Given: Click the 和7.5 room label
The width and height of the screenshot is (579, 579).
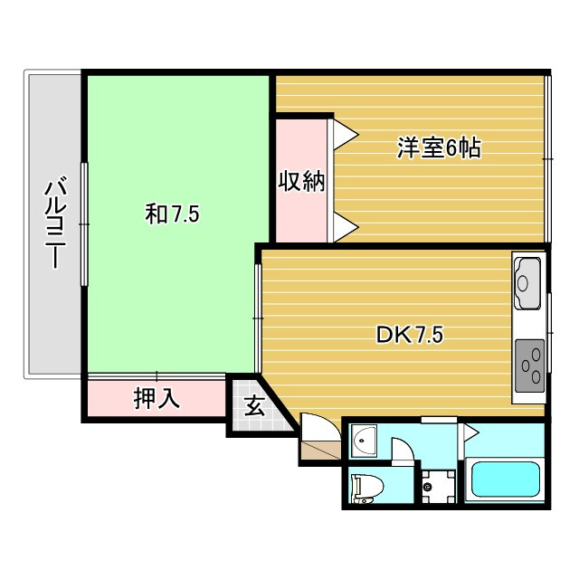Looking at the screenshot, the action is [172, 214].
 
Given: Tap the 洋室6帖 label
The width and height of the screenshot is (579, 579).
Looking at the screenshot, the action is [439, 148].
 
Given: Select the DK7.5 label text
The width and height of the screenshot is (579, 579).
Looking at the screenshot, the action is [409, 335].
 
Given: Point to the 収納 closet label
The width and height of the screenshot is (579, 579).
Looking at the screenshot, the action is [301, 181].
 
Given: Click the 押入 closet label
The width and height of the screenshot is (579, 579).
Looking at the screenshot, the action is [157, 398].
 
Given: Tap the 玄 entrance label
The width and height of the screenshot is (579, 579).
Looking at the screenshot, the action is [255, 406].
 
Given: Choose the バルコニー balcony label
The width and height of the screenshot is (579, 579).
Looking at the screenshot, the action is [56, 223].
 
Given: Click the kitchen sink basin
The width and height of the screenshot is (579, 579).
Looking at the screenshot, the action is [527, 283].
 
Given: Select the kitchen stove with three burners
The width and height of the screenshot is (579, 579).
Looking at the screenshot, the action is [529, 365].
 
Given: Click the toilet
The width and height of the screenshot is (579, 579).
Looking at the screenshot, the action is [367, 489].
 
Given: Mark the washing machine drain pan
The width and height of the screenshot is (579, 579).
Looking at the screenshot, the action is [438, 487].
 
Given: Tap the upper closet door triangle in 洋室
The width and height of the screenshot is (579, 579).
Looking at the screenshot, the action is [346, 135].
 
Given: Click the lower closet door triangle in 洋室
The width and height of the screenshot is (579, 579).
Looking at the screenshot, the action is [346, 227].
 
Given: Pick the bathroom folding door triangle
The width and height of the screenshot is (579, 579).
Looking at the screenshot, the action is [470, 432].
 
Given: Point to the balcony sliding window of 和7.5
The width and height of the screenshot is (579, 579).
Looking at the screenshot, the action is [84, 224].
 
